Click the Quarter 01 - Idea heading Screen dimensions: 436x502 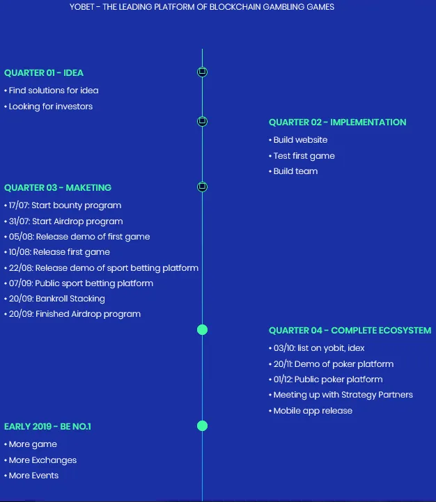44,72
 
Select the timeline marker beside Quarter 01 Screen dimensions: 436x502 202,72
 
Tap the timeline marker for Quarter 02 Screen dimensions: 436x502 202,121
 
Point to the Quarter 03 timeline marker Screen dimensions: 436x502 202,187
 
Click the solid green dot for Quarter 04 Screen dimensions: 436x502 202,330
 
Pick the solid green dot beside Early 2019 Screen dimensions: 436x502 202,426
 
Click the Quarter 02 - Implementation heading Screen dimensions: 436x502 337,123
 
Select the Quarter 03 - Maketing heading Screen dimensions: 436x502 58,187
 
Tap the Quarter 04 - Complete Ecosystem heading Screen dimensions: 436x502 350,331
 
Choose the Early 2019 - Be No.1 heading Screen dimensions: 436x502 47,426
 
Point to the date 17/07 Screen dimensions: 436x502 19,205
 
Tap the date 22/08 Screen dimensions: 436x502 20,268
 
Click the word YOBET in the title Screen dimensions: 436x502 82,7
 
